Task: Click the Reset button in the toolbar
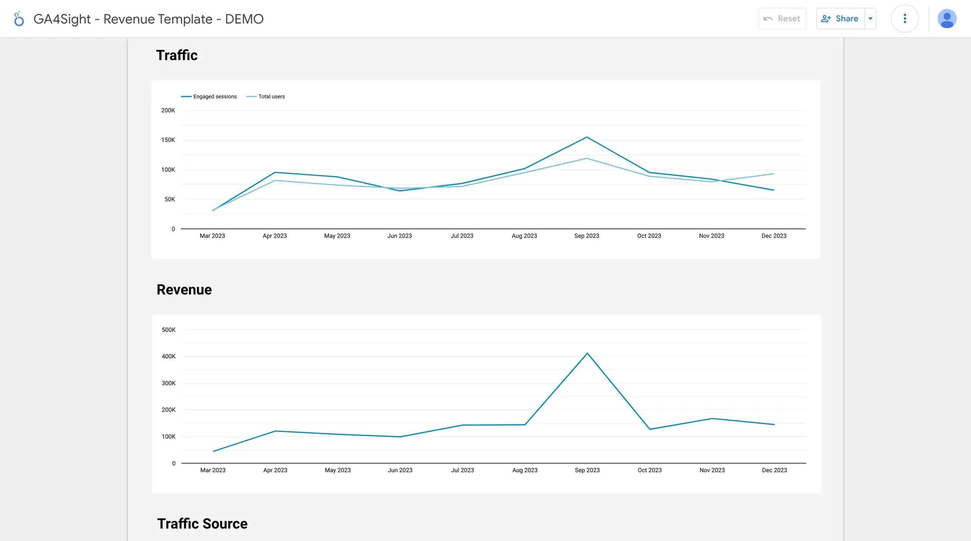(782, 19)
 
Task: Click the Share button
(840, 19)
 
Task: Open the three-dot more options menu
(905, 19)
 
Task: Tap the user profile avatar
(947, 19)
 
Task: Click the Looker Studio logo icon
(19, 19)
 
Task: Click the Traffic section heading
(177, 55)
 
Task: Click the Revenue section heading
(184, 290)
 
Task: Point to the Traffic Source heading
(202, 524)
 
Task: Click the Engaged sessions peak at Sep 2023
(587, 137)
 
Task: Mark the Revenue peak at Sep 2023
(587, 353)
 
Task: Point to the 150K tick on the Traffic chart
(168, 140)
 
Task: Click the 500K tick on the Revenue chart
(168, 330)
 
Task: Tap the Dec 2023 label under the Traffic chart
(774, 236)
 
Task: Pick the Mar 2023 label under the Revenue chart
(213, 470)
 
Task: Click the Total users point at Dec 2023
(774, 174)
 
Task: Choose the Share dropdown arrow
(870, 19)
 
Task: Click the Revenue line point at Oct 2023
(650, 429)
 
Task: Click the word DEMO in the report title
(244, 19)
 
